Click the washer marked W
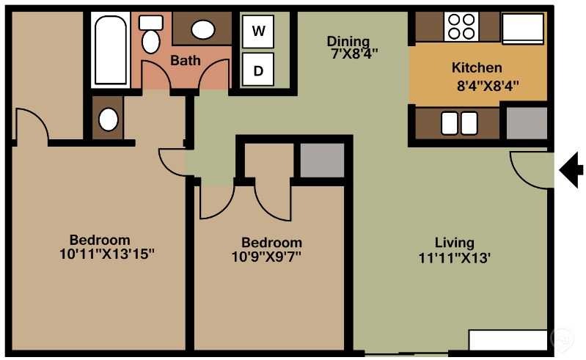tap(258, 32)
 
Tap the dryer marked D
tap(258, 70)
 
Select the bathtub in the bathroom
tap(111, 50)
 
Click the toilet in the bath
tap(151, 34)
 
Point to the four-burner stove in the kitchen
tap(461, 26)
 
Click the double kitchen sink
tap(459, 123)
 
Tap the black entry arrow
tap(571, 170)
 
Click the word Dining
tap(348, 41)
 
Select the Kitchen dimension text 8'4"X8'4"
tap(488, 87)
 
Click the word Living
tap(455, 243)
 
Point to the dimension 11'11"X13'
tap(455, 258)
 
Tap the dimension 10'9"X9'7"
tap(266, 257)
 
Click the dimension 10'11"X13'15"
tap(107, 254)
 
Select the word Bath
tap(186, 61)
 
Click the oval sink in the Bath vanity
tap(203, 29)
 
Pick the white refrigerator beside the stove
tap(523, 29)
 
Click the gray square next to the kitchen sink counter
tap(527, 123)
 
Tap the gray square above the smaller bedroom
tap(322, 161)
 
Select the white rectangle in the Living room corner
tap(508, 339)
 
